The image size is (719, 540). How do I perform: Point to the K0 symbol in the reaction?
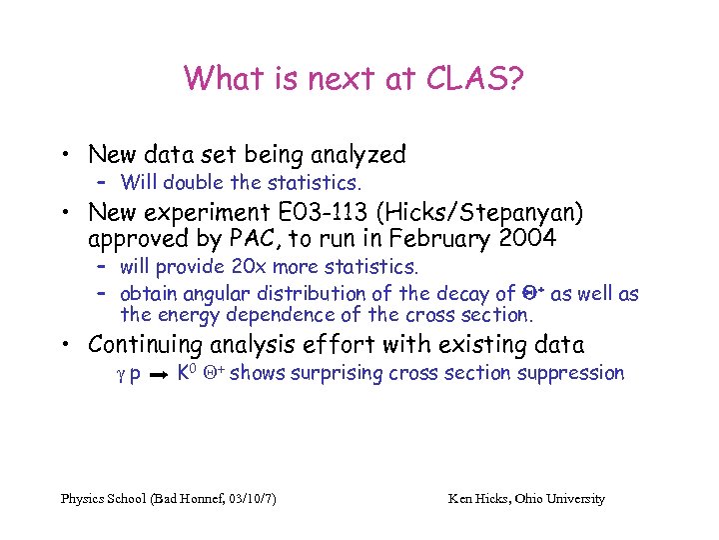[184, 373]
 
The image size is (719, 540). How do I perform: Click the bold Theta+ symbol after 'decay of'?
[533, 293]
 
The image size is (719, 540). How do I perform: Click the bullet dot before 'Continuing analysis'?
[65, 346]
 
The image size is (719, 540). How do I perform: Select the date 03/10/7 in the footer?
[249, 498]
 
